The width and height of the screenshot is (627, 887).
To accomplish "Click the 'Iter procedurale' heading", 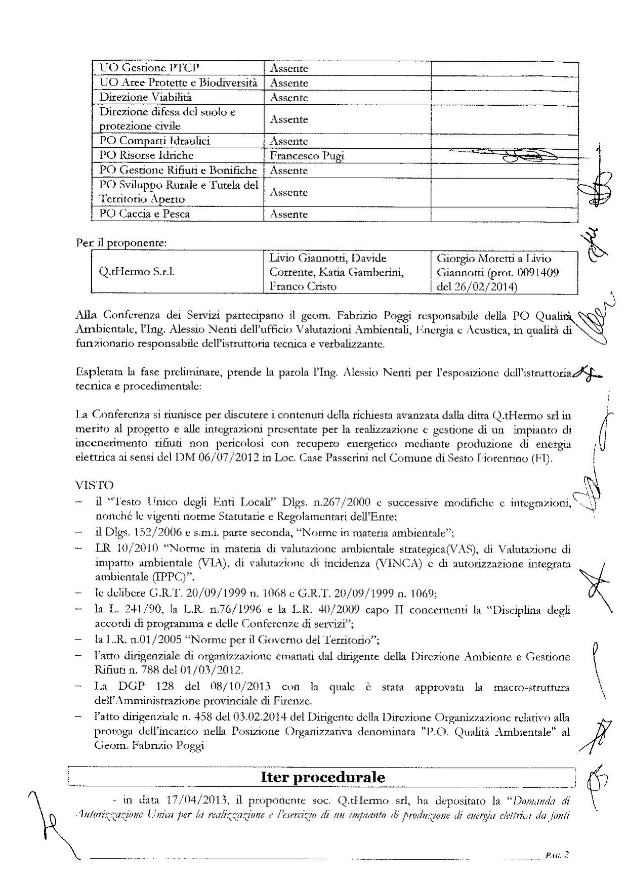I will tap(322, 777).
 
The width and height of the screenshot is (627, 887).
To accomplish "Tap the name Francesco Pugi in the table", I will tap(307, 156).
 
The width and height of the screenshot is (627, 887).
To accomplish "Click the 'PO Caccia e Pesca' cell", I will tap(145, 214).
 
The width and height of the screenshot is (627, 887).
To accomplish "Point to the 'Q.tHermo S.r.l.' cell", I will tap(137, 272).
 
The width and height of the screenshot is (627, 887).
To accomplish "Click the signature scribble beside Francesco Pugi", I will tap(511, 156).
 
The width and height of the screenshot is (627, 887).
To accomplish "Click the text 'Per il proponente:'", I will tap(121, 243).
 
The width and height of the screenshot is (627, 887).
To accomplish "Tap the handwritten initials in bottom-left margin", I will tap(48, 820).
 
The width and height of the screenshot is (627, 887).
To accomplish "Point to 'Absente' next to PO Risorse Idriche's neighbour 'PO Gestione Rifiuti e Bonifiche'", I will tap(289, 171).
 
